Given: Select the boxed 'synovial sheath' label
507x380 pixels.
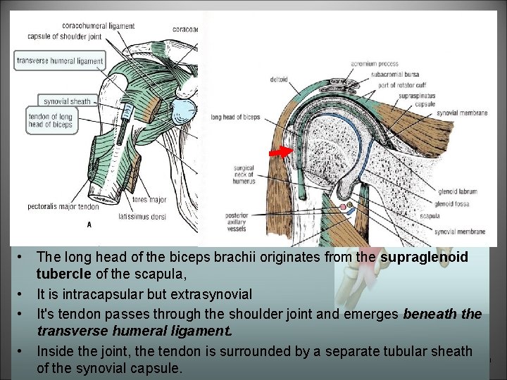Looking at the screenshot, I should point(67,101).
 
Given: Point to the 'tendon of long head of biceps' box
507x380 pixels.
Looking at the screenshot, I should point(50,120).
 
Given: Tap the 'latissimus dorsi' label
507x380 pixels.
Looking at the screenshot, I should point(144,217).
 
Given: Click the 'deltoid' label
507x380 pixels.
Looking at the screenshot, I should point(278,80).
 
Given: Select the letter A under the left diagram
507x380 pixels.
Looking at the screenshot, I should point(88,225).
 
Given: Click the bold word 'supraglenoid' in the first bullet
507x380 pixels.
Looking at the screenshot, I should point(425,258).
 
